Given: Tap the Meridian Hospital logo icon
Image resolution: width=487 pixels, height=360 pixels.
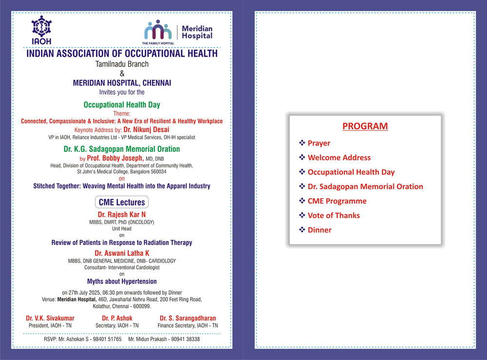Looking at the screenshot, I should [x=157, y=30].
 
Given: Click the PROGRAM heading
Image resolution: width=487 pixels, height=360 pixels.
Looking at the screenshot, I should [x=365, y=126].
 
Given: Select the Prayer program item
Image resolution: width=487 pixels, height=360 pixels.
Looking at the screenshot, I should [x=318, y=143].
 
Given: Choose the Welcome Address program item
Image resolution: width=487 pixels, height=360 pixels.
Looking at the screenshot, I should [x=339, y=157].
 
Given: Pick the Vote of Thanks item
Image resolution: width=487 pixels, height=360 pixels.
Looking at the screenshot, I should [x=334, y=215].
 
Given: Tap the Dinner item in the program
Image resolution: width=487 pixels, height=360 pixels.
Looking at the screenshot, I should [x=319, y=229].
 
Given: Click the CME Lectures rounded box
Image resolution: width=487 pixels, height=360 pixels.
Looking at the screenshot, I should [x=122, y=202].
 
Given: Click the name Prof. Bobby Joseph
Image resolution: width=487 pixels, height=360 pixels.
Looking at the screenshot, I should [x=114, y=158].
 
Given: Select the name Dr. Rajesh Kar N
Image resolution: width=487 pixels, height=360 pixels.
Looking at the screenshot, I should [x=122, y=214].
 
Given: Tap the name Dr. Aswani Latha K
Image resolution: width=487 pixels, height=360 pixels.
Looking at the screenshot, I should [x=122, y=253].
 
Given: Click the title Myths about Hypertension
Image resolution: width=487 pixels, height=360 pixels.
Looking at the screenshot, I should [x=122, y=281].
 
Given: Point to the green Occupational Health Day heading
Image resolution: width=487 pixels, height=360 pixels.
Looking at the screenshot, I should [x=122, y=105].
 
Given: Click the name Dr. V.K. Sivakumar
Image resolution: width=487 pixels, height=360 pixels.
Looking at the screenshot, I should [x=50, y=318].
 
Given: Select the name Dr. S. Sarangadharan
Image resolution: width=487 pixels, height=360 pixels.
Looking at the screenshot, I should [x=187, y=318].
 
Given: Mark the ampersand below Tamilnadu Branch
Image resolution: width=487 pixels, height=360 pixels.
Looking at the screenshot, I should [x=122, y=74].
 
